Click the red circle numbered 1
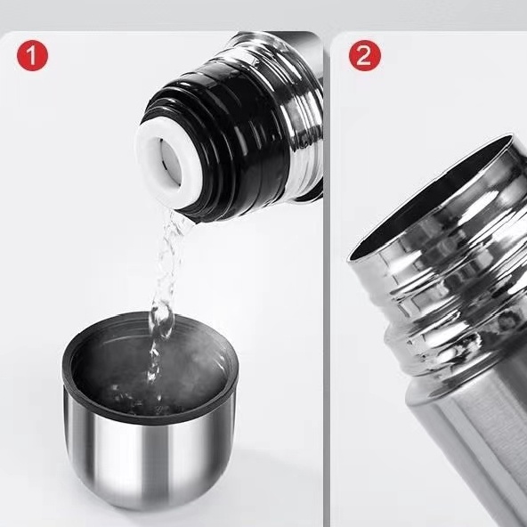(33, 55)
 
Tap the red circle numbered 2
(365, 55)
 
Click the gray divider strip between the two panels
(327, 279)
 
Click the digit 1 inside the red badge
(32, 55)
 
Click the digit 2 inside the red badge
(364, 55)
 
